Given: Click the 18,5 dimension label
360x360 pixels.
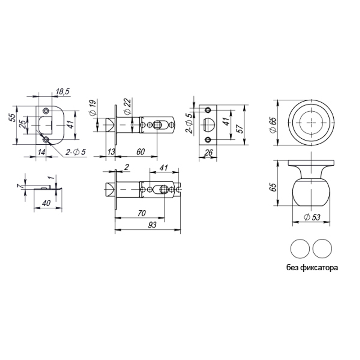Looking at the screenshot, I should click(x=62, y=92).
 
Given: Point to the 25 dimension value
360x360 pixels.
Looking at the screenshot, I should click(x=22, y=124).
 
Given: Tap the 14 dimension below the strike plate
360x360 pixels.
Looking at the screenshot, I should click(x=41, y=152).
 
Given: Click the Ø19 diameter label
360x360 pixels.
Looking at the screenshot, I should click(x=92, y=108).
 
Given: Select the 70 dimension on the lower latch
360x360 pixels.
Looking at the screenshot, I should click(x=141, y=213).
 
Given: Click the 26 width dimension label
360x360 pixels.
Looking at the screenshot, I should click(x=208, y=153).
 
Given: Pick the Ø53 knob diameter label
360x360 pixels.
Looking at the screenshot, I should click(x=312, y=217).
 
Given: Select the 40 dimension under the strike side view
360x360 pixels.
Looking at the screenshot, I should click(x=46, y=203).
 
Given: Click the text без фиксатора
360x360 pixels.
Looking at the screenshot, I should click(x=312, y=268).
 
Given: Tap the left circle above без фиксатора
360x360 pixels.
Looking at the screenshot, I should click(x=300, y=248).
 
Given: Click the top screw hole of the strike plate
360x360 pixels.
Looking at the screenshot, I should click(x=45, y=110).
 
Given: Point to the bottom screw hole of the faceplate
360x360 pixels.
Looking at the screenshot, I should click(x=208, y=139).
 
